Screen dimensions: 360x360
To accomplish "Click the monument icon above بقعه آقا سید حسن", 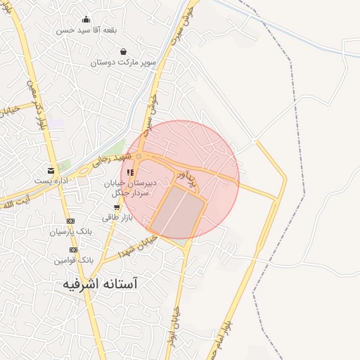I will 86,20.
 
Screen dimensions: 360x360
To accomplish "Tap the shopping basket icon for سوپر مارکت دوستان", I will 124,51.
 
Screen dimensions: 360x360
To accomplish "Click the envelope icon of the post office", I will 51,170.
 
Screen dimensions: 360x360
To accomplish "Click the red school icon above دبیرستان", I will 129,172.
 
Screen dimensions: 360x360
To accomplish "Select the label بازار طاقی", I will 116,218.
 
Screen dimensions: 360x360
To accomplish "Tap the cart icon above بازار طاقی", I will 116,207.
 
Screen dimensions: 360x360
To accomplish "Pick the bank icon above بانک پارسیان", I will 70,221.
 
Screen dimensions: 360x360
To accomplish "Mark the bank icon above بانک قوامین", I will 70,250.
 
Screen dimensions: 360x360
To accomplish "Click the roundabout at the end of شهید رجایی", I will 139,156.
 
